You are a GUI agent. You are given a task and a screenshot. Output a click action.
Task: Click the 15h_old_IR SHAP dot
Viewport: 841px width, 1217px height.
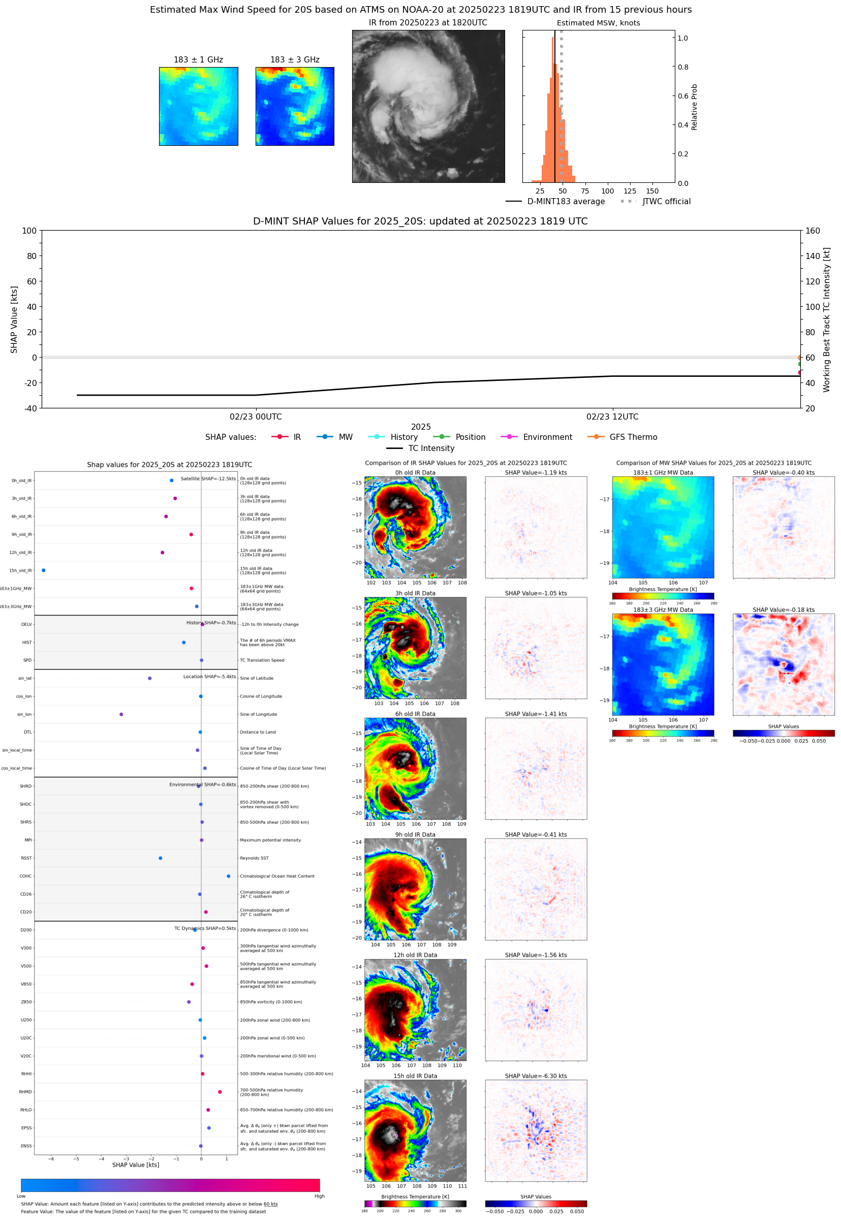tap(44, 570)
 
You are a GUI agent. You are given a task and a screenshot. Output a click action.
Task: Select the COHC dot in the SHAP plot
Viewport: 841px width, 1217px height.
tap(228, 876)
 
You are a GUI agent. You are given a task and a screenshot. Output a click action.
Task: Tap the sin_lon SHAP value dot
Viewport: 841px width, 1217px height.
tap(121, 715)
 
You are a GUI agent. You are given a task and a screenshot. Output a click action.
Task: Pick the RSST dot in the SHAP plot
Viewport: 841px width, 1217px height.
tap(160, 858)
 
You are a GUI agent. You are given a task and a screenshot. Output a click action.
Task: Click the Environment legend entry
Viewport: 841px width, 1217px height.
tap(547, 437)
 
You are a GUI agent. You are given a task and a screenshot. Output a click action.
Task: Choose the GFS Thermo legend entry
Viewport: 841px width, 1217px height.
tap(633, 437)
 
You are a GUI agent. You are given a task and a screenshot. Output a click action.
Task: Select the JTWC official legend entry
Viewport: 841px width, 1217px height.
tap(666, 201)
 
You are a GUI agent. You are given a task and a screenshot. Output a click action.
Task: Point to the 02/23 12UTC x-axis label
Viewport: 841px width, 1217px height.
tap(612, 417)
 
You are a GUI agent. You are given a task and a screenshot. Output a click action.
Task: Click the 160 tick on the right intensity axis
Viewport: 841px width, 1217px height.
tap(813, 231)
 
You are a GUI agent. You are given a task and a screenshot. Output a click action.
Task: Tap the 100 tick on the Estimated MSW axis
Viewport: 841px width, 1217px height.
tap(608, 191)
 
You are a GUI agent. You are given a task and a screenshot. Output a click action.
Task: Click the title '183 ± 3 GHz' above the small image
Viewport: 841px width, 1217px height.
tap(295, 60)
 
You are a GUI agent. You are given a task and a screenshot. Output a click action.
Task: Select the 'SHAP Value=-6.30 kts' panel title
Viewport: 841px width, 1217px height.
tap(536, 1076)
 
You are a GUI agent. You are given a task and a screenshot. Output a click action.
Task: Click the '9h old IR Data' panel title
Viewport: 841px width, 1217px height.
tap(415, 835)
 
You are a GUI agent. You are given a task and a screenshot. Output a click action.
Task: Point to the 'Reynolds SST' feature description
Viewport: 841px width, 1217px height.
tap(254, 858)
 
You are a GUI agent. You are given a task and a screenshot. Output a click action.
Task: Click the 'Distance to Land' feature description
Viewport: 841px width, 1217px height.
tap(258, 732)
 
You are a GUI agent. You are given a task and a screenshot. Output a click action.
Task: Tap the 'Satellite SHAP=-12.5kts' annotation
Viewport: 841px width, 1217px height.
tap(208, 478)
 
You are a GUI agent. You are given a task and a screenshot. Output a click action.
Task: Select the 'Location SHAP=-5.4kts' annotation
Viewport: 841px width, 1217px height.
tap(209, 677)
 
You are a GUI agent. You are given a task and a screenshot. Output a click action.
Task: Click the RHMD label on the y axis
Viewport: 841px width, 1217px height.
tap(25, 1092)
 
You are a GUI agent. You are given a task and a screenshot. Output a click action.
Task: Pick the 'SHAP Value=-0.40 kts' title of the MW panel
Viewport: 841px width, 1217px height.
tap(783, 472)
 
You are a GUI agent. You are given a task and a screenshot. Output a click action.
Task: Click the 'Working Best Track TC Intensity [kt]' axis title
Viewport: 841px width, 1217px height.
tap(826, 319)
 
